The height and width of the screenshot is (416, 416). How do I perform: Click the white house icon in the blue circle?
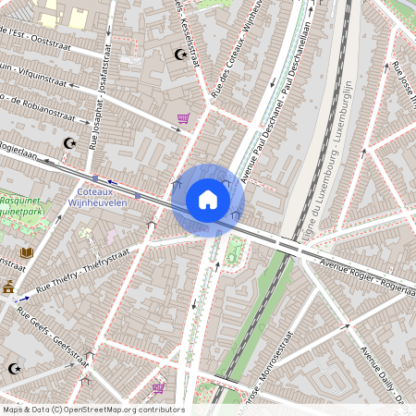208,200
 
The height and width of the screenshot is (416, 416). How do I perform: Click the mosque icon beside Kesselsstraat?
180,55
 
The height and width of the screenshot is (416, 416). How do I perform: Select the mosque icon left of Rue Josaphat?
67,143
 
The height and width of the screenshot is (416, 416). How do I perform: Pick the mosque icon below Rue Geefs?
13,368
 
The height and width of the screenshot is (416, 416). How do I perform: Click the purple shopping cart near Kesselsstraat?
183,118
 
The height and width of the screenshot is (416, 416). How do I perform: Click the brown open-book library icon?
26,251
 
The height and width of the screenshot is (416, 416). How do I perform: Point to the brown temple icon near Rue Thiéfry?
9,288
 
